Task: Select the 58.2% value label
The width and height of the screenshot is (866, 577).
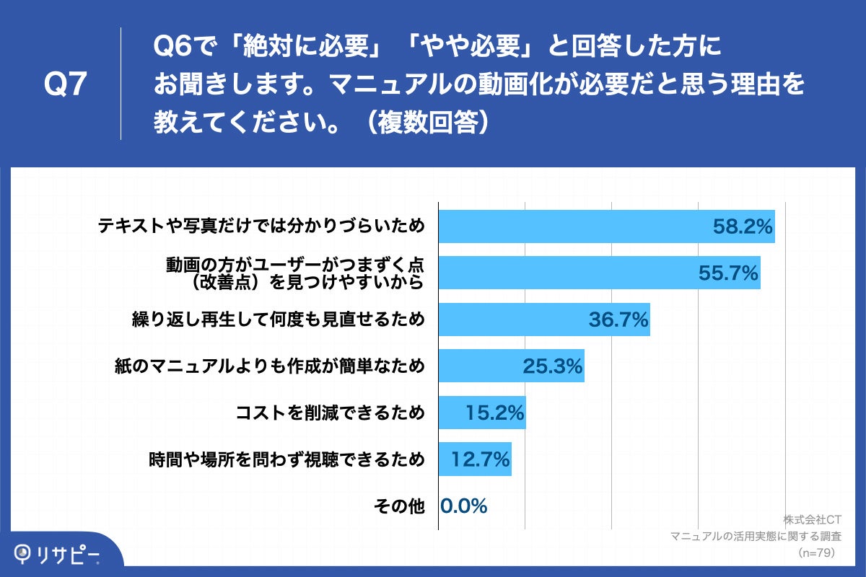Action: tap(743, 226)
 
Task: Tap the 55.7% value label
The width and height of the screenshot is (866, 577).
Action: tap(728, 273)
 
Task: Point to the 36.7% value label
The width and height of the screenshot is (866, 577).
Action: tap(618, 320)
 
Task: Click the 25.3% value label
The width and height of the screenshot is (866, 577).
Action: tap(553, 366)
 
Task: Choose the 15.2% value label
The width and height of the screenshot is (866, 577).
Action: tap(494, 413)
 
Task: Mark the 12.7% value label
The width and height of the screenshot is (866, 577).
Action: tap(481, 459)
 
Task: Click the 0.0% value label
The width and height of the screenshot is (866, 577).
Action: tap(463, 506)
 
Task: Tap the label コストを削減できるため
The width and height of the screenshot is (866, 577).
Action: tap(330, 413)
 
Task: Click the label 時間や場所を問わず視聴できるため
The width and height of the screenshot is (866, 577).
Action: tap(286, 459)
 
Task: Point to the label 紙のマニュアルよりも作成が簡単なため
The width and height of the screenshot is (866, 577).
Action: tap(269, 366)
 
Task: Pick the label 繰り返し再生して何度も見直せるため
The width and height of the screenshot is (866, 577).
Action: tap(277, 320)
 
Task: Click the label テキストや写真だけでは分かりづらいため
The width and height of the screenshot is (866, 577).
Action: tap(261, 226)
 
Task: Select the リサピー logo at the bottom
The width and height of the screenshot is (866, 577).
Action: tap(58, 554)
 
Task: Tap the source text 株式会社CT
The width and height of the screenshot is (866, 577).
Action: tap(812, 519)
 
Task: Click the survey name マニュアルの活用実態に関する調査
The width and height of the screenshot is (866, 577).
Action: tap(756, 536)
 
